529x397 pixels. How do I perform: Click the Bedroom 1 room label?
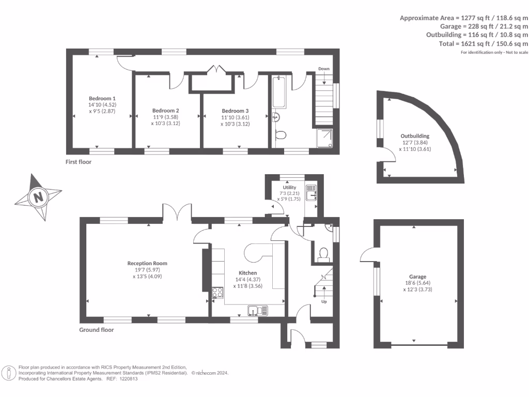(102, 99)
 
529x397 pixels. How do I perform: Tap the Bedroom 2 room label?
(166, 111)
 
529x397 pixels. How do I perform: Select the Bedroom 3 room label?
(235, 111)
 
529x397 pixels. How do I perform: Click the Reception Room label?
(147, 263)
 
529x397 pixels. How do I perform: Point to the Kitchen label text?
(247, 273)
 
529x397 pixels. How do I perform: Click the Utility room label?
(289, 187)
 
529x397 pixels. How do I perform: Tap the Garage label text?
(417, 277)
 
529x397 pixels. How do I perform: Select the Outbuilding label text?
(415, 136)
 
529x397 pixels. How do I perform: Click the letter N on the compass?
(38, 196)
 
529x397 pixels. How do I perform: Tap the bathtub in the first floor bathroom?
(279, 91)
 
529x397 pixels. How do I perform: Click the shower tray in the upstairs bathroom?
(324, 138)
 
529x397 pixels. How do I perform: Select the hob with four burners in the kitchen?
(217, 293)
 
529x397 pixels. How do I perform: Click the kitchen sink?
(258, 311)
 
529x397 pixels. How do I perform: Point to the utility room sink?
(311, 193)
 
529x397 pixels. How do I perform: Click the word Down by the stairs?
(324, 69)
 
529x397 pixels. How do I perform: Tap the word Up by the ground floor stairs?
(324, 302)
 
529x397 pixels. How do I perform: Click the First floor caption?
(79, 162)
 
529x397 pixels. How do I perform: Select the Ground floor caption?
(97, 330)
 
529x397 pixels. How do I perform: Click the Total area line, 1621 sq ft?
(484, 43)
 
